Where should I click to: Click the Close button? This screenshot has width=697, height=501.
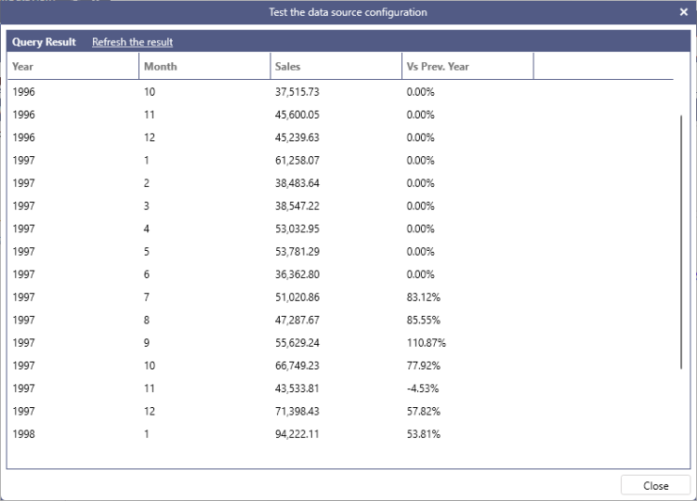(x=655, y=485)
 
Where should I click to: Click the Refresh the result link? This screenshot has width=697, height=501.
(x=132, y=42)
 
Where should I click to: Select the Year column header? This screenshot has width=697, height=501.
(x=23, y=67)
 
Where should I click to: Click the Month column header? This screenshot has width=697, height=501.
(x=160, y=67)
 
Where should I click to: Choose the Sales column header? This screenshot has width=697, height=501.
(x=288, y=67)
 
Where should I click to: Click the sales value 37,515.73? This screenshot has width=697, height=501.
(x=297, y=92)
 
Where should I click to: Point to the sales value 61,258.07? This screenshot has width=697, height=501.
(x=297, y=160)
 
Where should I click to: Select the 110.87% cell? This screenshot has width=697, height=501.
(x=427, y=343)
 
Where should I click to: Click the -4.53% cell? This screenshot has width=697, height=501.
(x=423, y=389)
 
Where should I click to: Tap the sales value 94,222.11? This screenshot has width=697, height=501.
(x=297, y=434)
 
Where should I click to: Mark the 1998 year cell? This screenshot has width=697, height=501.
(x=23, y=434)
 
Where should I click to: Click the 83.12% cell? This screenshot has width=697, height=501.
(x=423, y=297)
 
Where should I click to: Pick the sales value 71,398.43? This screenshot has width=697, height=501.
(x=297, y=411)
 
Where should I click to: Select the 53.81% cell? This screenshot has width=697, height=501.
(x=423, y=434)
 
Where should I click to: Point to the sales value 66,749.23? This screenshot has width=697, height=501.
(x=297, y=365)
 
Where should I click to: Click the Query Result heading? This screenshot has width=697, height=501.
(x=44, y=42)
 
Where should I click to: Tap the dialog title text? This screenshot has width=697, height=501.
(x=348, y=12)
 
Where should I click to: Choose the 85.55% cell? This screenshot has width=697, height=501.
(x=423, y=320)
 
